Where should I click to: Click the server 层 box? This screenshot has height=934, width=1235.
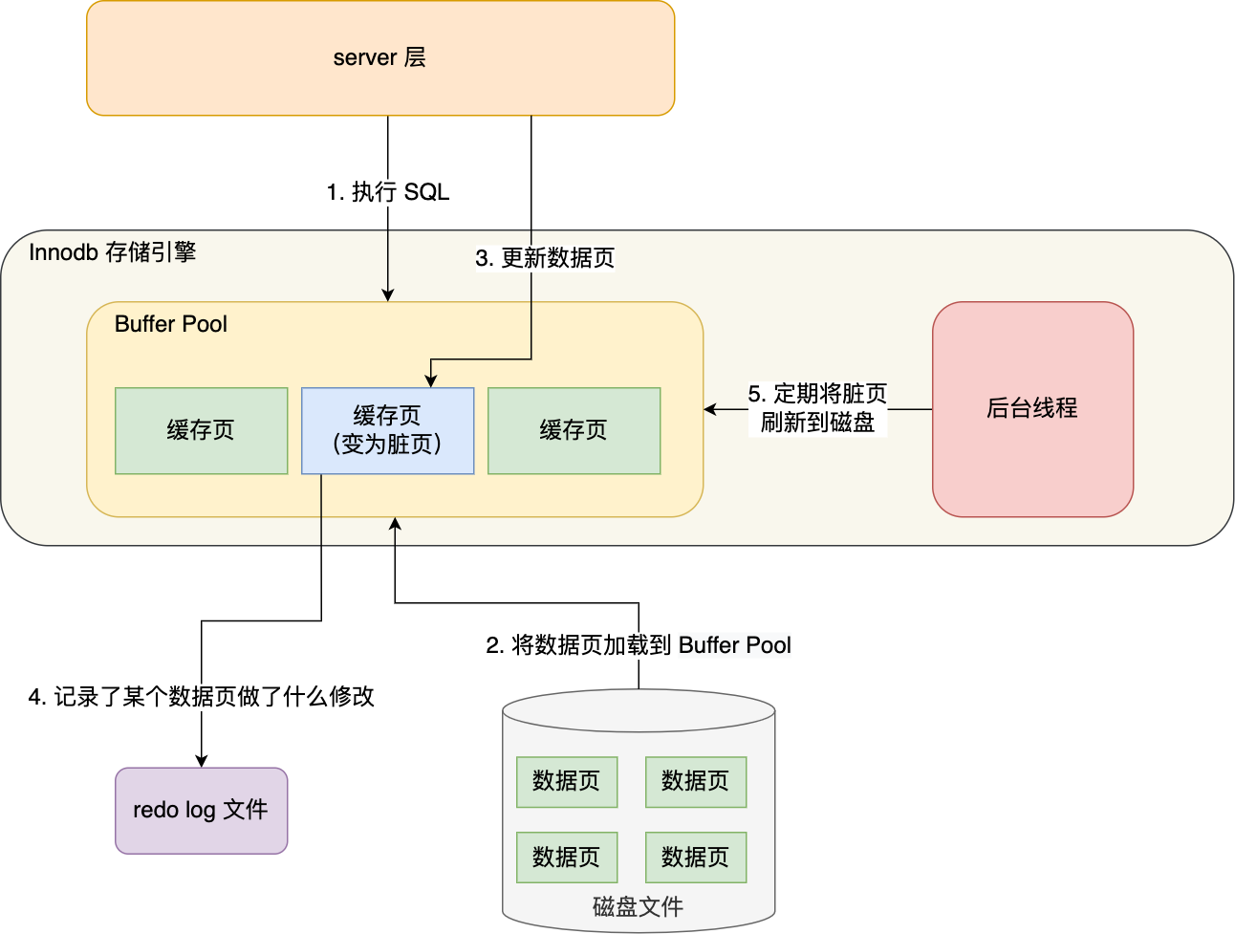point(380,58)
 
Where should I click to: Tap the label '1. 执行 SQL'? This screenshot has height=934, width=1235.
point(387,192)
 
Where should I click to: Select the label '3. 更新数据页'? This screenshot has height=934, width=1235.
point(545,258)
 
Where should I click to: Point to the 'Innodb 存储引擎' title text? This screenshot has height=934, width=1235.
point(112,252)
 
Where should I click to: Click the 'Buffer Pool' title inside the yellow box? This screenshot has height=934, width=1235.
point(171,324)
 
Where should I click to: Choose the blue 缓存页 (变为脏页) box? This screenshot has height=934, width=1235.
point(387,430)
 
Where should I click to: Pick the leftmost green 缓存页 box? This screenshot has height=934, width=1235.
point(201,430)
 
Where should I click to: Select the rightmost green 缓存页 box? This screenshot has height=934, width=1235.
point(574,430)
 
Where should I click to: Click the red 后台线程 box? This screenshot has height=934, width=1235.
point(1032,409)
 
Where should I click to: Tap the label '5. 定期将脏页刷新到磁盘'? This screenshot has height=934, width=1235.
point(817,408)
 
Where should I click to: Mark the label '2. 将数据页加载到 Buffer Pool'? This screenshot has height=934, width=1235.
point(639,645)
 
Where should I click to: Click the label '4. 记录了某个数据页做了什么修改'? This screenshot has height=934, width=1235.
point(202,697)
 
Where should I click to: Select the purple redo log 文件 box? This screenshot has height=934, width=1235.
point(201,810)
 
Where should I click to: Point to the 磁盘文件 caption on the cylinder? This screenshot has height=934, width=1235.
point(638,906)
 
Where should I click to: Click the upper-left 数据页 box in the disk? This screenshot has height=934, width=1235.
point(567,781)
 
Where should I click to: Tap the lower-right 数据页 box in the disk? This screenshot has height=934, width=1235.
point(696,858)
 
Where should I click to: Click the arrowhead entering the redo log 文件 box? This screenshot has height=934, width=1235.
point(202,761)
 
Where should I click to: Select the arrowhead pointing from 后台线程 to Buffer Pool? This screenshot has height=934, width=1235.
point(710,409)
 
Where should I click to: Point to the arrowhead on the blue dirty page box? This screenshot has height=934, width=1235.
point(431,381)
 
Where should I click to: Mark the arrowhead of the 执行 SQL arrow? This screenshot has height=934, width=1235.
point(388,295)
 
